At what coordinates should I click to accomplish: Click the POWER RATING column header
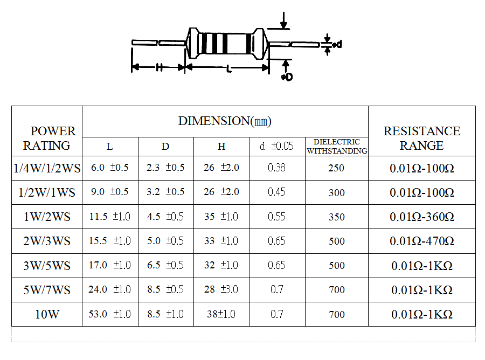click(49, 139)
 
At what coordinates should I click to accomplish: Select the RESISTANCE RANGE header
click(421, 139)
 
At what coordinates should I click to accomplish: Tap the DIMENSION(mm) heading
click(225, 121)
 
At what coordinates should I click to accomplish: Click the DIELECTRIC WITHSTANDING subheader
click(337, 146)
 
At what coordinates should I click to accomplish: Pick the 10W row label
click(47, 314)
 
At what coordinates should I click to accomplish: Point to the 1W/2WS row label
click(47, 217)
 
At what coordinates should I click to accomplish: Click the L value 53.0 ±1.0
click(109, 314)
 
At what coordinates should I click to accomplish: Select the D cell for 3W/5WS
click(165, 265)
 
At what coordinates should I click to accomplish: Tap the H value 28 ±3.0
click(221, 289)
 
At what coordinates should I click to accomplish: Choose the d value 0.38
click(277, 168)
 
